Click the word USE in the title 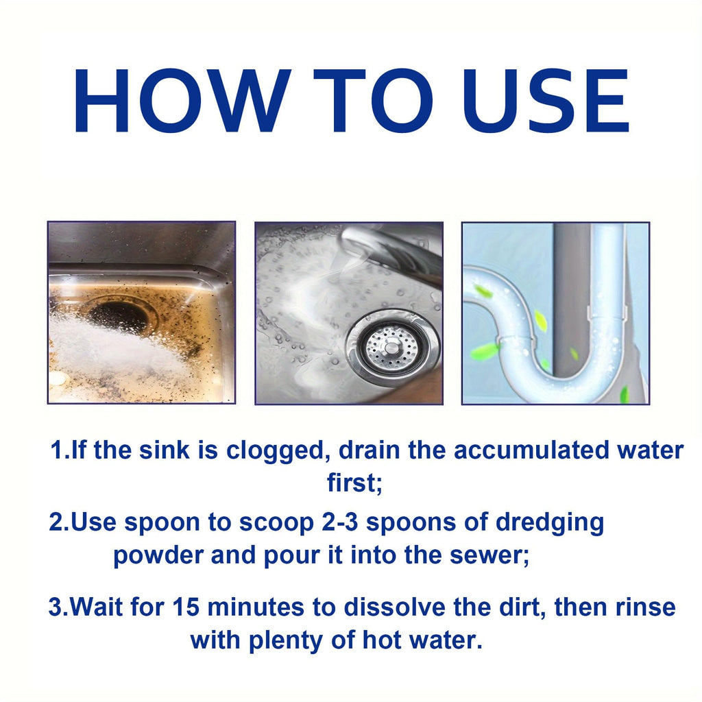tap(545, 100)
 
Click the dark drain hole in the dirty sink tap(120, 315)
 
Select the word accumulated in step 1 tap(531, 450)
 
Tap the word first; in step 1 tap(354, 483)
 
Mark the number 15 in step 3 tap(186, 607)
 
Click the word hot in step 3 tap(381, 640)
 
